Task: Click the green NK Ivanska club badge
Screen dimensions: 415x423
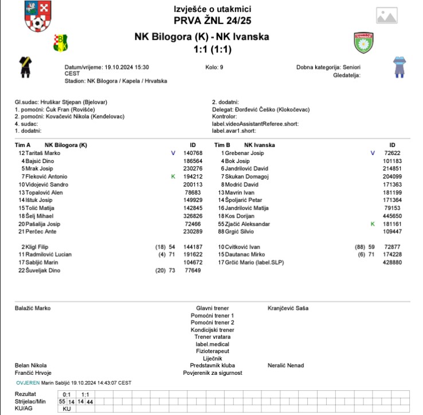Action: [364, 42]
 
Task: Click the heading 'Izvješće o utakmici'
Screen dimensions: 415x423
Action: [213, 9]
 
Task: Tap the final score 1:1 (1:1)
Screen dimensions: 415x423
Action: [213, 49]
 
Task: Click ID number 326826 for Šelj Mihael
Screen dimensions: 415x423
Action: [193, 216]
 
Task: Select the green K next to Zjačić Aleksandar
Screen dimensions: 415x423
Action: [372, 224]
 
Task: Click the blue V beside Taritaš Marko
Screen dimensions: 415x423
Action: [173, 153]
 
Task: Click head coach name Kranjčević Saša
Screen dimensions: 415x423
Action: [288, 308]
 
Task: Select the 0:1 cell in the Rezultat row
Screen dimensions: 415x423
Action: [66, 395]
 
